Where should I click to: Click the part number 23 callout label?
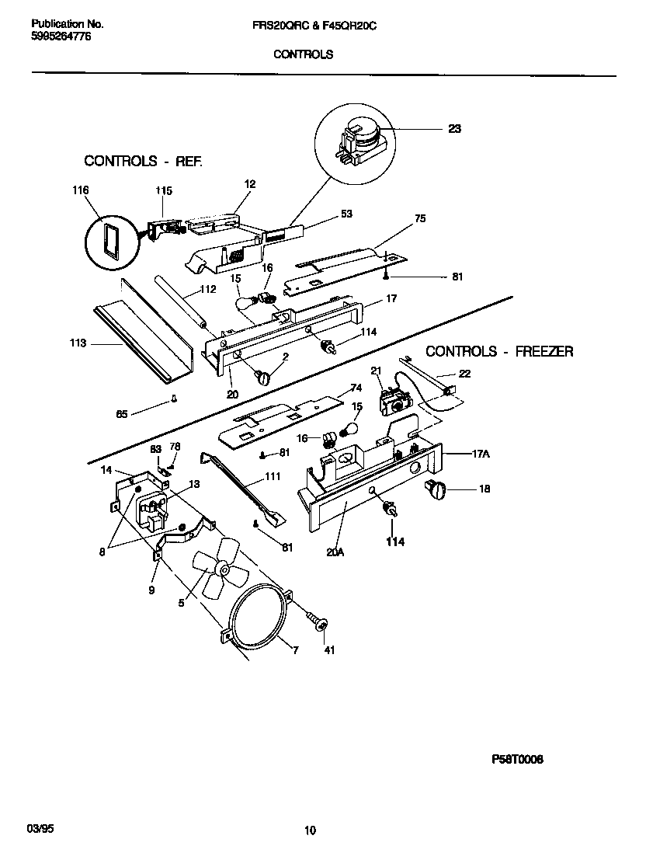pyautogui.click(x=454, y=129)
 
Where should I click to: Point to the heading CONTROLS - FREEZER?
pyautogui.click(x=499, y=351)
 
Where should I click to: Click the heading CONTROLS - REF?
pyautogui.click(x=143, y=162)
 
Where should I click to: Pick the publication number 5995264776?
pyautogui.click(x=62, y=37)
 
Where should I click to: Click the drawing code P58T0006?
pyautogui.click(x=517, y=760)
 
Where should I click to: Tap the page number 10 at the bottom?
pyautogui.click(x=311, y=830)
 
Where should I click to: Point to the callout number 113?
pyautogui.click(x=78, y=342)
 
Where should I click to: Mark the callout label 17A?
pyautogui.click(x=481, y=455)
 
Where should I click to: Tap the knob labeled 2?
pyautogui.click(x=263, y=378)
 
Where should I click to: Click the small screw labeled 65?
pyautogui.click(x=175, y=401)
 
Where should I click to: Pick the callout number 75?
pyautogui.click(x=420, y=218)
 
